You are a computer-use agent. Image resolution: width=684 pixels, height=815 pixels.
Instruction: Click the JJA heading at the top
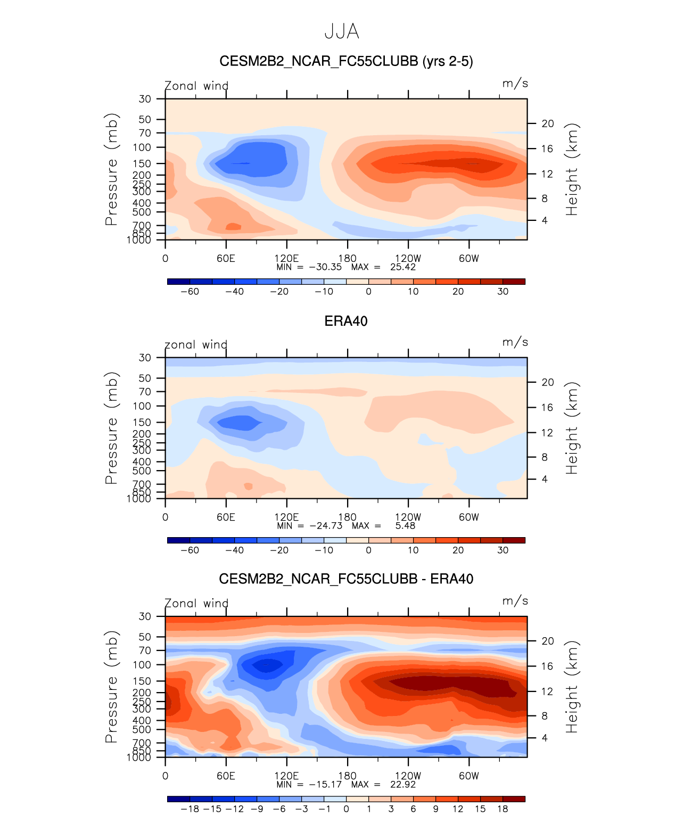pyautogui.click(x=342, y=32)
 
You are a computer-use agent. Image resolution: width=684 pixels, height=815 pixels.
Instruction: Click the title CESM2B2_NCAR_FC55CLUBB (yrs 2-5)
pyautogui.click(x=346, y=62)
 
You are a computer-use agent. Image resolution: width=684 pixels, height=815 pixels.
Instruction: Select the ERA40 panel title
pyautogui.click(x=346, y=321)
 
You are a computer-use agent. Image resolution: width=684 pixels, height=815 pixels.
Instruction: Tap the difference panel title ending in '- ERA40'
pyautogui.click(x=346, y=579)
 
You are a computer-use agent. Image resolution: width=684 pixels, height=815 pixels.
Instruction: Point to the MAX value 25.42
pyautogui.click(x=403, y=267)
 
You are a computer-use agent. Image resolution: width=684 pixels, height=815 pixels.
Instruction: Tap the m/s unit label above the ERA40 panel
pyautogui.click(x=515, y=342)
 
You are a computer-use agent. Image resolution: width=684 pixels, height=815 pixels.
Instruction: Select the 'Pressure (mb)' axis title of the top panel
pyautogui.click(x=111, y=169)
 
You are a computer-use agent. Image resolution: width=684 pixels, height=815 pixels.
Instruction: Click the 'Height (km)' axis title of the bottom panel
pyautogui.click(x=572, y=687)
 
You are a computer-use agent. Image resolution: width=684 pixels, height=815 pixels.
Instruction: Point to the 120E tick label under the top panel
pyautogui.click(x=286, y=259)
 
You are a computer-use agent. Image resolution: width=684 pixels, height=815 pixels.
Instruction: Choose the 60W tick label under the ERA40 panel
pyautogui.click(x=469, y=517)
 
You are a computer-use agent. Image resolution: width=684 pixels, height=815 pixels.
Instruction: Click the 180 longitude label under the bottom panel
pyautogui.click(x=348, y=776)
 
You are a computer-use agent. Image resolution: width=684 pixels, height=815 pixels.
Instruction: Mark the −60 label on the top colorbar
pyautogui.click(x=189, y=292)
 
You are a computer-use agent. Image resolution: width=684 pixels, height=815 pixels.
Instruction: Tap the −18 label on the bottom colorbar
pyautogui.click(x=189, y=809)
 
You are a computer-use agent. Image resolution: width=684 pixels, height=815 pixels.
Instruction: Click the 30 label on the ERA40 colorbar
pyautogui.click(x=503, y=550)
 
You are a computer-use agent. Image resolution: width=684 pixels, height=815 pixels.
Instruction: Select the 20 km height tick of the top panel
pyautogui.click(x=548, y=124)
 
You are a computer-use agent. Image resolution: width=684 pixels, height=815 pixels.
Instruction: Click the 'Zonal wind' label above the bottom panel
pyautogui.click(x=196, y=604)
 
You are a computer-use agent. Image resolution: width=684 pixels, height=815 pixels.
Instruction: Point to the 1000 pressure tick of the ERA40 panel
pyautogui.click(x=139, y=499)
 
